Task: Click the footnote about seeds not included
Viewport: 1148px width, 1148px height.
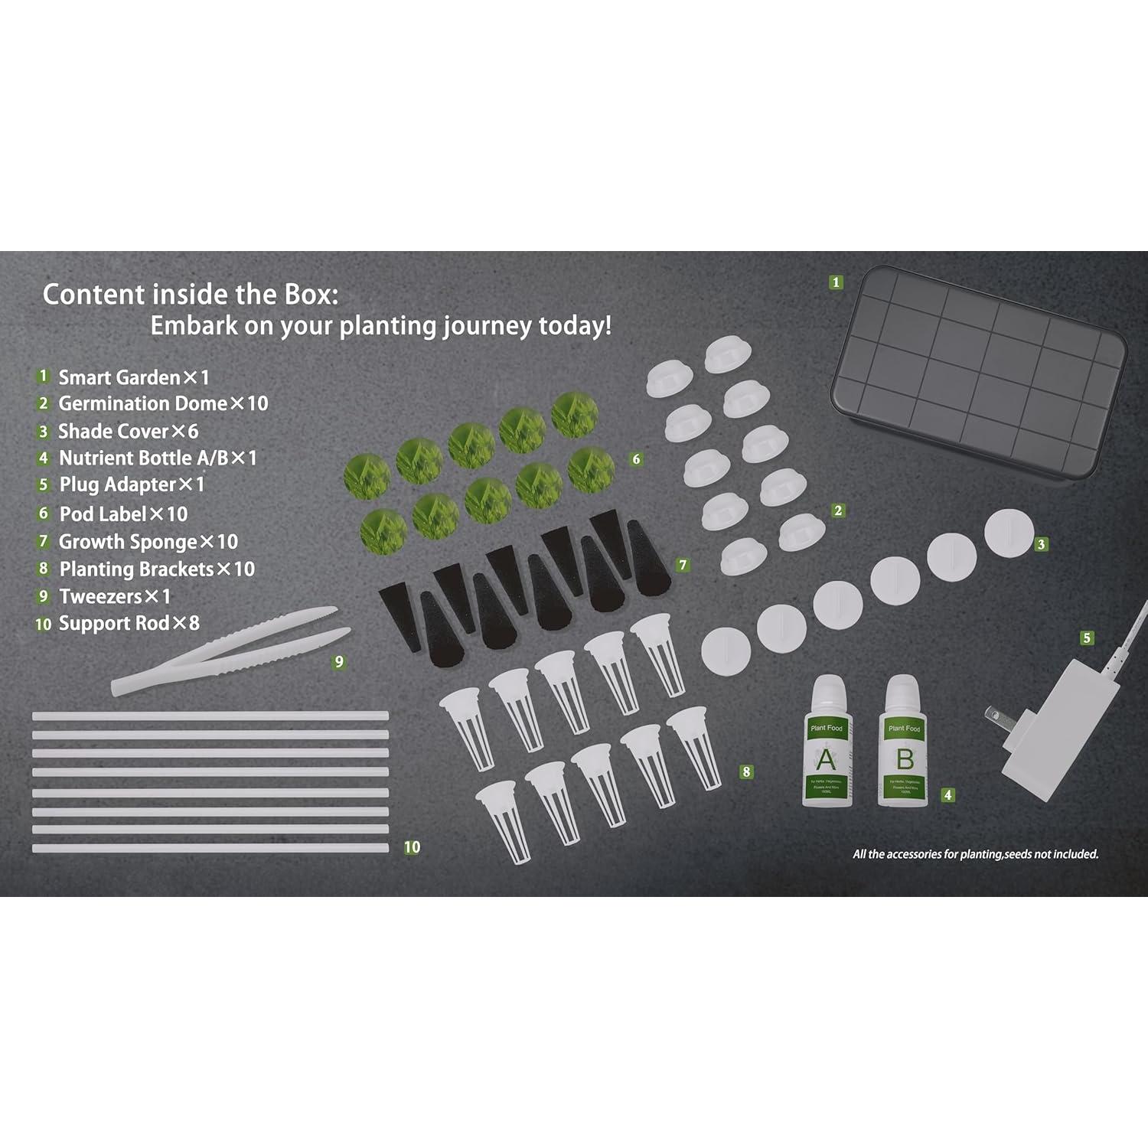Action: (975, 854)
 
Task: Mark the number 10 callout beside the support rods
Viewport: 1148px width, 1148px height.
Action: (412, 847)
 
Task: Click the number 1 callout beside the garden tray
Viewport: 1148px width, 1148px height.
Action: (836, 282)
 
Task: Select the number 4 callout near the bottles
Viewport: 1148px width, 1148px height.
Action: (947, 795)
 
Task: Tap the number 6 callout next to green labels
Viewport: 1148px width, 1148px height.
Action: (636, 459)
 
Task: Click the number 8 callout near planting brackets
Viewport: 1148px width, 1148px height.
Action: (746, 772)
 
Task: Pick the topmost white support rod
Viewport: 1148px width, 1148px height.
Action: (210, 716)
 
